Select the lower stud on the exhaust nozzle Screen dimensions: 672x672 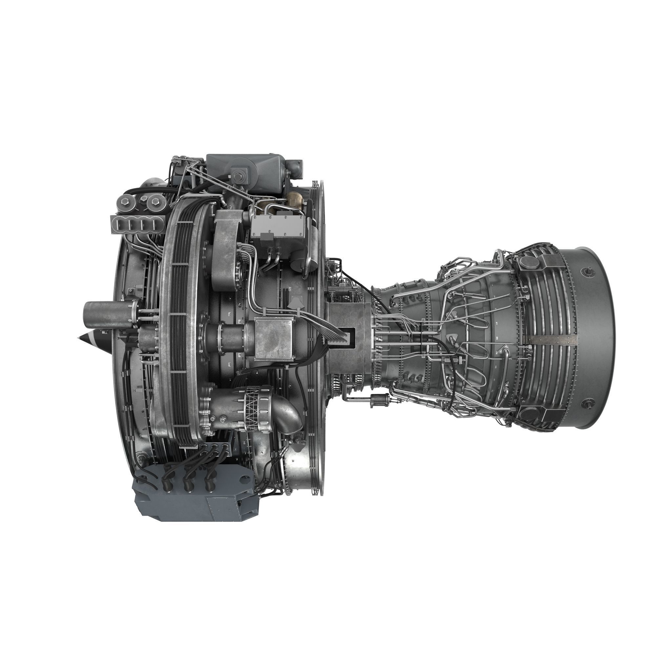click(589, 403)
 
